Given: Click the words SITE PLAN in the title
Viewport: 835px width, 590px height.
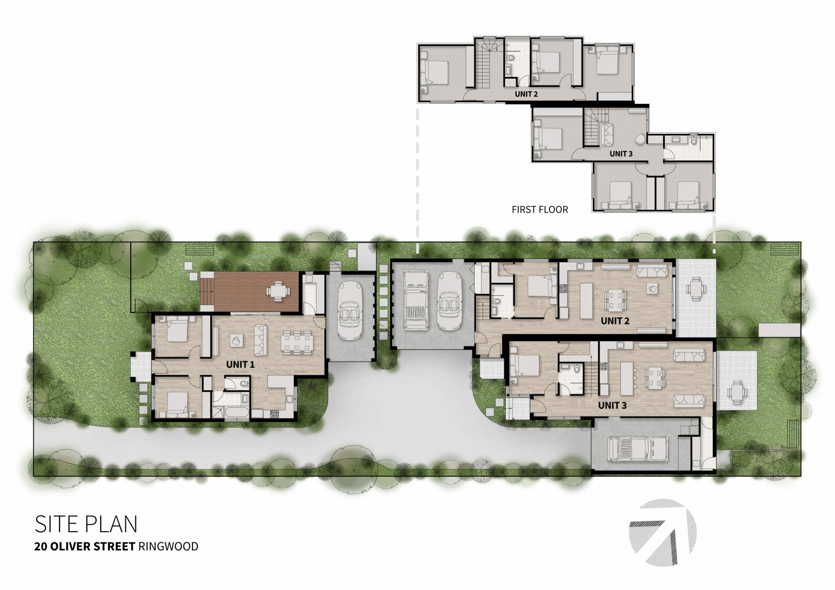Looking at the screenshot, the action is (x=86, y=524).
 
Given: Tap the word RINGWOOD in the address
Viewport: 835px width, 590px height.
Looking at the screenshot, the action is (x=168, y=547).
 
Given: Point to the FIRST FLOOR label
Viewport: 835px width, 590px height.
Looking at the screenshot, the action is (x=540, y=210).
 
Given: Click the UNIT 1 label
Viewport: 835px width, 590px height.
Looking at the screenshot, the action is (x=241, y=365).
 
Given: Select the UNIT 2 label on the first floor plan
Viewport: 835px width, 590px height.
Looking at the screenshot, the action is (x=527, y=94).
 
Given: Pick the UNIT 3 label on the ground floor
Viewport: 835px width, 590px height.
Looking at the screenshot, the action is (x=613, y=405).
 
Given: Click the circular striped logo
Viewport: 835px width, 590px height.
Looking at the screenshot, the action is (x=662, y=533).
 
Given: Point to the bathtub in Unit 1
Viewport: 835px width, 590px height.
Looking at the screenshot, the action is (x=232, y=413).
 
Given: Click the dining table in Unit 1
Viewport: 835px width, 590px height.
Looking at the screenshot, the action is (x=297, y=342).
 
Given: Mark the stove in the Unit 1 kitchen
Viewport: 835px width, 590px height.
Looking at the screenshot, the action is (x=275, y=414).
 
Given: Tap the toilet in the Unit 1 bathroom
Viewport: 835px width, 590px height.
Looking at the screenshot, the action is (x=243, y=383).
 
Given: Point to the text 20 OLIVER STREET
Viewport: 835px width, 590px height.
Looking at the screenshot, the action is (x=85, y=547).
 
